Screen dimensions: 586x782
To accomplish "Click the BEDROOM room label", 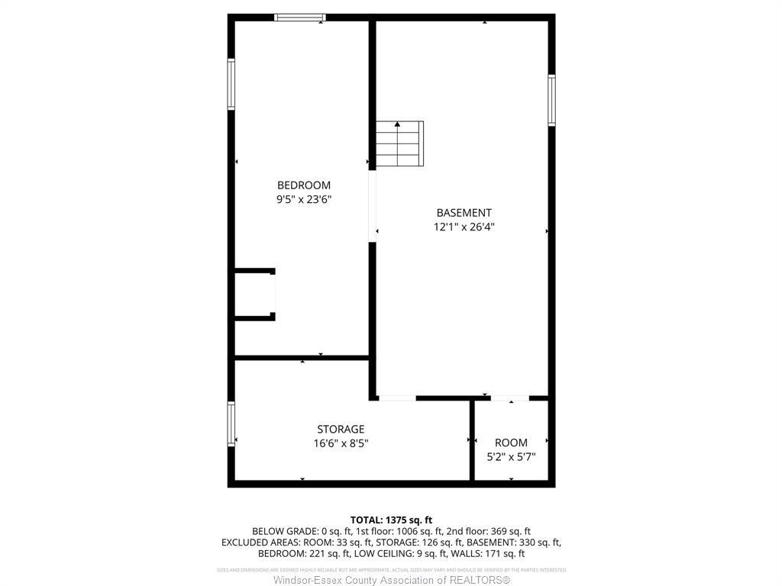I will coord(303,185).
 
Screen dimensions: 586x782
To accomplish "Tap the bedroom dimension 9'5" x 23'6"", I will coord(303,199).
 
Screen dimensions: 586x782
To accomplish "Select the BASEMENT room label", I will coord(464,213).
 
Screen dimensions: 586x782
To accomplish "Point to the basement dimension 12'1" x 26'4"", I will coord(464,227).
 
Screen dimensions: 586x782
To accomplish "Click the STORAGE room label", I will coord(341,429).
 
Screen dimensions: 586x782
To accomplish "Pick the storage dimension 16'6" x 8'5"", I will coord(341,443).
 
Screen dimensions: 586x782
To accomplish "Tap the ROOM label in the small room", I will coord(511,443).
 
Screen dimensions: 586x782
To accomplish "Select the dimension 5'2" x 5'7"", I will coord(511,457).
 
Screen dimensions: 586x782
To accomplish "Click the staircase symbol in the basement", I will coord(399,143).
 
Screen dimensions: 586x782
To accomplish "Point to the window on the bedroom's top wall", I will coord(299,17).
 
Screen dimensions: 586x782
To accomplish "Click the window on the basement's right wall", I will coord(551,100).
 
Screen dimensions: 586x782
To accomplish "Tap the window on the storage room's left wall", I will coord(231,423).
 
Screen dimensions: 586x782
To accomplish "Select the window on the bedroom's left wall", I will coord(231,84).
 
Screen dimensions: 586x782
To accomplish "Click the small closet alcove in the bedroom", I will coord(254,294).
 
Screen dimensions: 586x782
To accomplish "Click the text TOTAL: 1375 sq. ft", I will coord(391,520).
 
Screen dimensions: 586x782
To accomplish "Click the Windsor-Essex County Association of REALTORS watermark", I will coord(391,581).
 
